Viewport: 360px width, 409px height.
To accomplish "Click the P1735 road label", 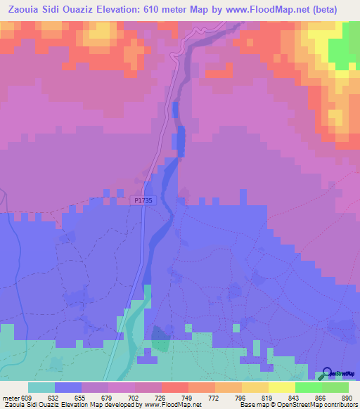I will (x=143, y=200).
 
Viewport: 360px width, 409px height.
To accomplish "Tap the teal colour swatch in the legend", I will (x=41, y=387).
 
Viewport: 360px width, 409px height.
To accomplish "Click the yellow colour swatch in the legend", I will (x=281, y=387).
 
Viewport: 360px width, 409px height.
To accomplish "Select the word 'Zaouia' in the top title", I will (x=22, y=9).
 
